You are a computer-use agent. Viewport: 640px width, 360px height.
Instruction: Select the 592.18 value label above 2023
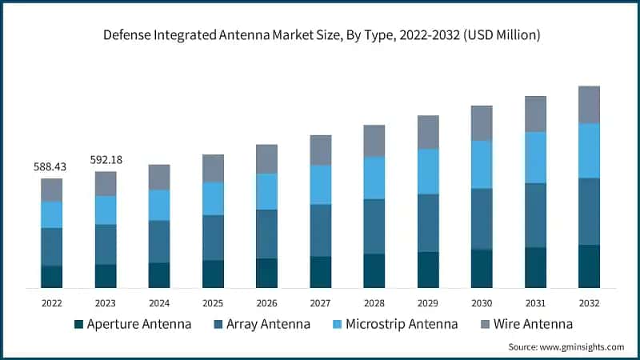pos(106,160)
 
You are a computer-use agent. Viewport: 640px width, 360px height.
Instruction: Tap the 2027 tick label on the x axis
pos(321,303)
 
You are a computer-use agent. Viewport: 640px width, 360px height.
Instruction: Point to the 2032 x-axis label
pos(589,303)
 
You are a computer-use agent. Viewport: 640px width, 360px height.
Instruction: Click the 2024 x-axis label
pos(159,303)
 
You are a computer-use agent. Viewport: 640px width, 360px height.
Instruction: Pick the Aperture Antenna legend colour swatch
pos(78,324)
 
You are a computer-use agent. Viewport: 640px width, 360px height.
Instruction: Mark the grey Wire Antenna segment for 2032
pos(589,105)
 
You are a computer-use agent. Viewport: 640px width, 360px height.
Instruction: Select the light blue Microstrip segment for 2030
pos(482,165)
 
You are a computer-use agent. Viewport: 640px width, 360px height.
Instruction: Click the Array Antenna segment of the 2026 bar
pos(266,234)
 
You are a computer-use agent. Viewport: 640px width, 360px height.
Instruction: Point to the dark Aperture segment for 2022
pos(52,277)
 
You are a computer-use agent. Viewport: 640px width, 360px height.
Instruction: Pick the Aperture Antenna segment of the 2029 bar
pos(428,270)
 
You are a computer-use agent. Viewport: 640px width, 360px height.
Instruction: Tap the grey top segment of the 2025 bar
pos(213,168)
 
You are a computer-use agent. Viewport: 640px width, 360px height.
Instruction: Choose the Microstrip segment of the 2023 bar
pos(106,210)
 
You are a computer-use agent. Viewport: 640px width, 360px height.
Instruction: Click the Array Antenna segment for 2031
pos(535,215)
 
